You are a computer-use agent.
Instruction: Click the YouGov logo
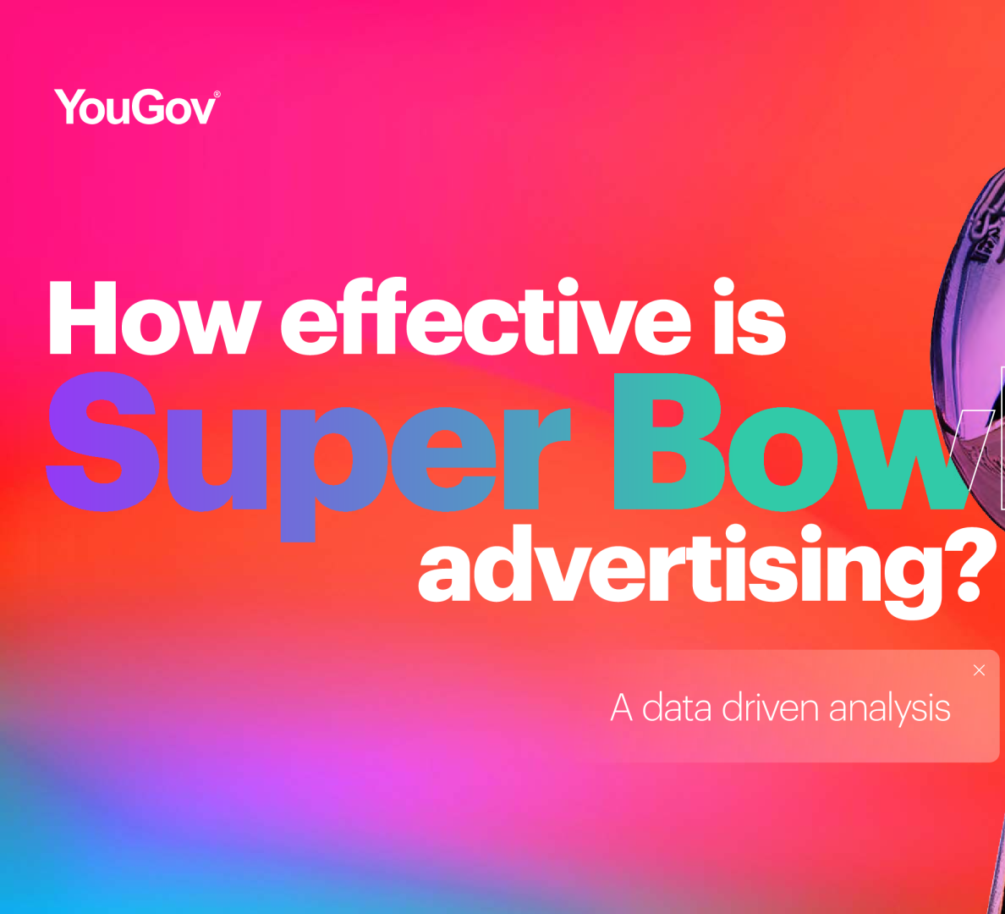(x=136, y=107)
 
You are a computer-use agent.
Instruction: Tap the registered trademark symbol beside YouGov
(x=217, y=94)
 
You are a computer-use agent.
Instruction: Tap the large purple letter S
(x=102, y=441)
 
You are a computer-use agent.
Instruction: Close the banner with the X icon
(x=979, y=670)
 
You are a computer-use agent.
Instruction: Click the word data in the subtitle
(x=676, y=708)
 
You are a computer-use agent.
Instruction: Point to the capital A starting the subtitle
(x=621, y=708)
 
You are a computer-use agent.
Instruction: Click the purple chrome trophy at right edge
(x=971, y=359)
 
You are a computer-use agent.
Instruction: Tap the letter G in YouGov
(x=148, y=107)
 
